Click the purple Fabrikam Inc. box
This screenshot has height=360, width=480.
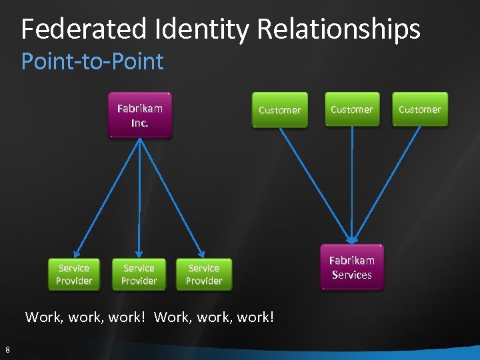[140, 115]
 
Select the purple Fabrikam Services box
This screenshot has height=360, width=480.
[352, 267]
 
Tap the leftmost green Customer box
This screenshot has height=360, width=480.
[279, 110]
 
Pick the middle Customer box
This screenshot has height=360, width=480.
[351, 109]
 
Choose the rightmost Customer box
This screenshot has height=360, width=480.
[420, 109]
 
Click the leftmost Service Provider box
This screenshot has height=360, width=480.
[74, 274]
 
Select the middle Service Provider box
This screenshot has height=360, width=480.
[139, 274]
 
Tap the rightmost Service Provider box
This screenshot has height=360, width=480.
[204, 274]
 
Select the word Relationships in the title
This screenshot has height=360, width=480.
[339, 29]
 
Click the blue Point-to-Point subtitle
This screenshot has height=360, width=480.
[92, 62]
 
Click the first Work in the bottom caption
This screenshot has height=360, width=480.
[41, 317]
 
